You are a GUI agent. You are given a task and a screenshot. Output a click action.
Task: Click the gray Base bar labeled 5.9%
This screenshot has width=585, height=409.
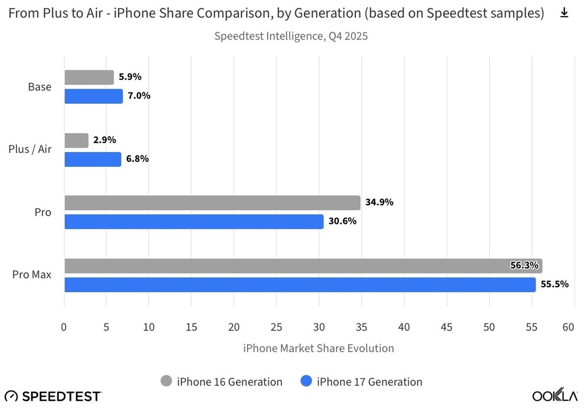click(x=89, y=78)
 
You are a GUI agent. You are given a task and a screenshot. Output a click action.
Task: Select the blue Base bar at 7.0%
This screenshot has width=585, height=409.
click(x=93, y=96)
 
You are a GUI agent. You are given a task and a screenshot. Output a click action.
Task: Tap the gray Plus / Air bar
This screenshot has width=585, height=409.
click(x=76, y=140)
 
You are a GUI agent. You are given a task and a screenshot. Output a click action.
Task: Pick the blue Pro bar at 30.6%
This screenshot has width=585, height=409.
click(x=194, y=222)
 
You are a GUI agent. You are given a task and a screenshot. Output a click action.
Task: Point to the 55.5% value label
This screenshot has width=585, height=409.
click(x=555, y=284)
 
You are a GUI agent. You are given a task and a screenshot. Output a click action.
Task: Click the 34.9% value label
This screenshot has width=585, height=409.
click(x=379, y=202)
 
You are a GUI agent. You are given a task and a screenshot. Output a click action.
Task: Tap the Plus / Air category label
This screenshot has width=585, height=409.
click(x=30, y=150)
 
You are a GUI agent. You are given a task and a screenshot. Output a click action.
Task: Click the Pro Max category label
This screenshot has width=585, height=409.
click(x=32, y=275)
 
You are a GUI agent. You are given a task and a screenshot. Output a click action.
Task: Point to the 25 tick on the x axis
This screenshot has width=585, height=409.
click(x=276, y=327)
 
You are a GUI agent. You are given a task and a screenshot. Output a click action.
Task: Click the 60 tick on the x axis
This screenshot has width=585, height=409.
click(x=568, y=327)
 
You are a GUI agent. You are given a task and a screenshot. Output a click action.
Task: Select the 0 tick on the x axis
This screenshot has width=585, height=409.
click(x=64, y=327)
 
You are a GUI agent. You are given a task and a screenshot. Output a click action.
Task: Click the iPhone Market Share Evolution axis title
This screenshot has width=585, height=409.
click(x=318, y=349)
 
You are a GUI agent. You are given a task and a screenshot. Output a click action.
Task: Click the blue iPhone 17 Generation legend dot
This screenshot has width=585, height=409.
click(x=307, y=382)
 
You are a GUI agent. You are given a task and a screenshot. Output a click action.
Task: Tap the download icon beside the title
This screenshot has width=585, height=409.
click(x=564, y=13)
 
